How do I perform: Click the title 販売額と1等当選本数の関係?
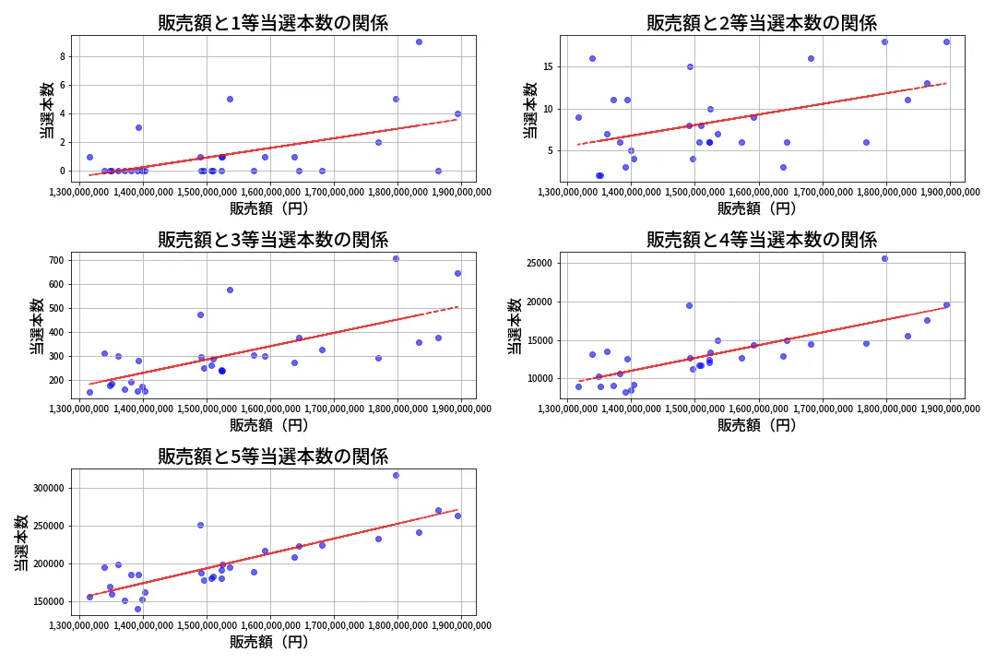pos(273,23)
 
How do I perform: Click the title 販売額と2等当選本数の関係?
pos(761,23)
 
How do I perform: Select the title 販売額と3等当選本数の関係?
pos(273,240)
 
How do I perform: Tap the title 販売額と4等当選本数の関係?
pos(761,240)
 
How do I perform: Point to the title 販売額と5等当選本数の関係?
pos(273,456)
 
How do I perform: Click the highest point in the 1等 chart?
pos(419,41)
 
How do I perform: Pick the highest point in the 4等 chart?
pos(884,258)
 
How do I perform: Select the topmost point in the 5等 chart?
pos(396,475)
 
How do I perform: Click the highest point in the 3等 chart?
pos(396,258)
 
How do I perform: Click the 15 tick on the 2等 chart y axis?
pos(546,66)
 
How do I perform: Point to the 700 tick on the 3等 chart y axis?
pos(54,260)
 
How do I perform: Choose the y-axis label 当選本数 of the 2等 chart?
pos(530,109)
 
